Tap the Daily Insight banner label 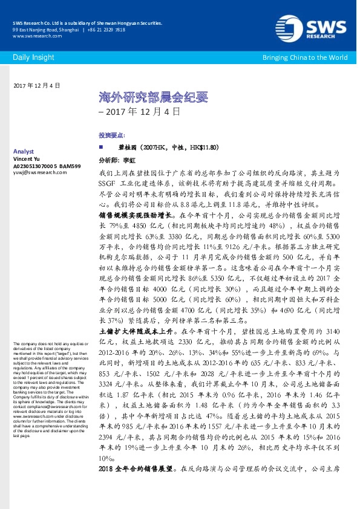click(x=31, y=57)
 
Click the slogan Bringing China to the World click(x=304, y=57)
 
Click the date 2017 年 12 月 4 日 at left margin click(x=36, y=86)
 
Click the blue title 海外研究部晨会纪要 click(x=136, y=97)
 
